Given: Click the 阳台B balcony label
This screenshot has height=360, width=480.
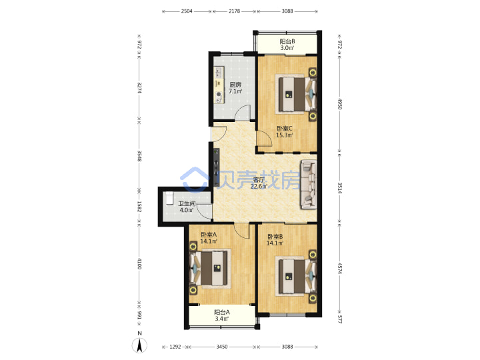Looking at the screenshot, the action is click(287, 41).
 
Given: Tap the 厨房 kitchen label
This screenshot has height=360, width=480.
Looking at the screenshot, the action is click(235, 85).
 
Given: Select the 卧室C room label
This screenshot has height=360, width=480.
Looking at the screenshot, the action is click(285, 129).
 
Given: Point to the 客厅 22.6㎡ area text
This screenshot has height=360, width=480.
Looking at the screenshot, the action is click(259, 183).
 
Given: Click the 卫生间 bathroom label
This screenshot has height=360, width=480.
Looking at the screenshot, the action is click(187, 203).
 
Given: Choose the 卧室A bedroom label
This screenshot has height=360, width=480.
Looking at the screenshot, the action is click(209, 235).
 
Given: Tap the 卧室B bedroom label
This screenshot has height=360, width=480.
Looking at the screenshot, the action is click(275, 237).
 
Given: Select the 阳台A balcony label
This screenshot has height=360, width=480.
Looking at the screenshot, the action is click(222, 312).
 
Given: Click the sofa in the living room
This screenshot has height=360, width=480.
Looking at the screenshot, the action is click(309, 185).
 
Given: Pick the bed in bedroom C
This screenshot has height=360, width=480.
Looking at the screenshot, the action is click(296, 94).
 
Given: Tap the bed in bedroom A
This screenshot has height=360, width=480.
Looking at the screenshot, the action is click(210, 268).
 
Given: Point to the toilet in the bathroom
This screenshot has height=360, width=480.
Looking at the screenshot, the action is click(169, 198).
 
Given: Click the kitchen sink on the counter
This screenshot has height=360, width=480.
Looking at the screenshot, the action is click(219, 73).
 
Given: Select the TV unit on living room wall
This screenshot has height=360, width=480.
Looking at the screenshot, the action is click(217, 167).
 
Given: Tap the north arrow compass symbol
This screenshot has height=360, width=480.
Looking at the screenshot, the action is click(139, 345).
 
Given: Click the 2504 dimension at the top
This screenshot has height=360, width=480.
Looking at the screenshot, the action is click(187, 11).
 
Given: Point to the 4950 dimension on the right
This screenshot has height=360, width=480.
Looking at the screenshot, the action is click(339, 104).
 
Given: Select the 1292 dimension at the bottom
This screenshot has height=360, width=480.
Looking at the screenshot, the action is click(175, 347).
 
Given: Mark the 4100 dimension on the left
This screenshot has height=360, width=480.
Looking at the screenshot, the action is click(139, 263).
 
